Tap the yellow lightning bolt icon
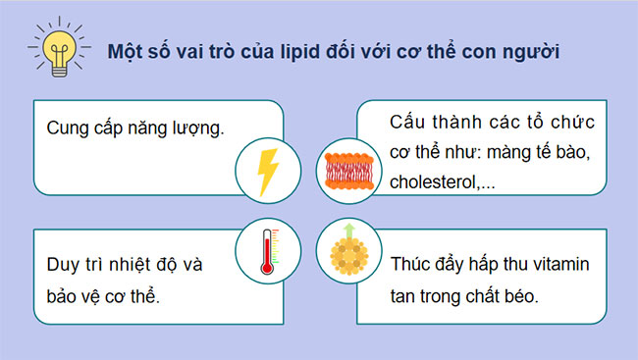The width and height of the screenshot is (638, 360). click(x=267, y=169)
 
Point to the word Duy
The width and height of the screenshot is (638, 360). click(x=62, y=267)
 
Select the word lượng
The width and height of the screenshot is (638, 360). click(x=192, y=129)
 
